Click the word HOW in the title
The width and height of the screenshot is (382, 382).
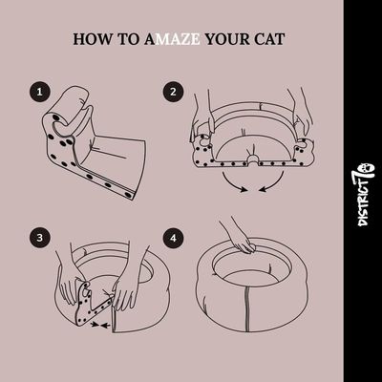(x=93, y=39)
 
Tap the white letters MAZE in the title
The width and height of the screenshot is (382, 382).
(x=180, y=39)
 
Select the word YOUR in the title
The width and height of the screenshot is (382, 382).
(x=227, y=39)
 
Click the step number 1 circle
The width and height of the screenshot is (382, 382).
(x=40, y=92)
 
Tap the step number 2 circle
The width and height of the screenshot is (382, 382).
(x=173, y=92)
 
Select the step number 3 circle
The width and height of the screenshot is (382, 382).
(x=40, y=238)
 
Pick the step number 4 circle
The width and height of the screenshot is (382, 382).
(x=173, y=238)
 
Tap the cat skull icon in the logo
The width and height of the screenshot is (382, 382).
(x=367, y=167)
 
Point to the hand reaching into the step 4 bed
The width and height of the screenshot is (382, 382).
(x=241, y=237)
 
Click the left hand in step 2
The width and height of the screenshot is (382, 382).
(x=202, y=119)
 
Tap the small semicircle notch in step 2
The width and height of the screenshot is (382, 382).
(x=253, y=159)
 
